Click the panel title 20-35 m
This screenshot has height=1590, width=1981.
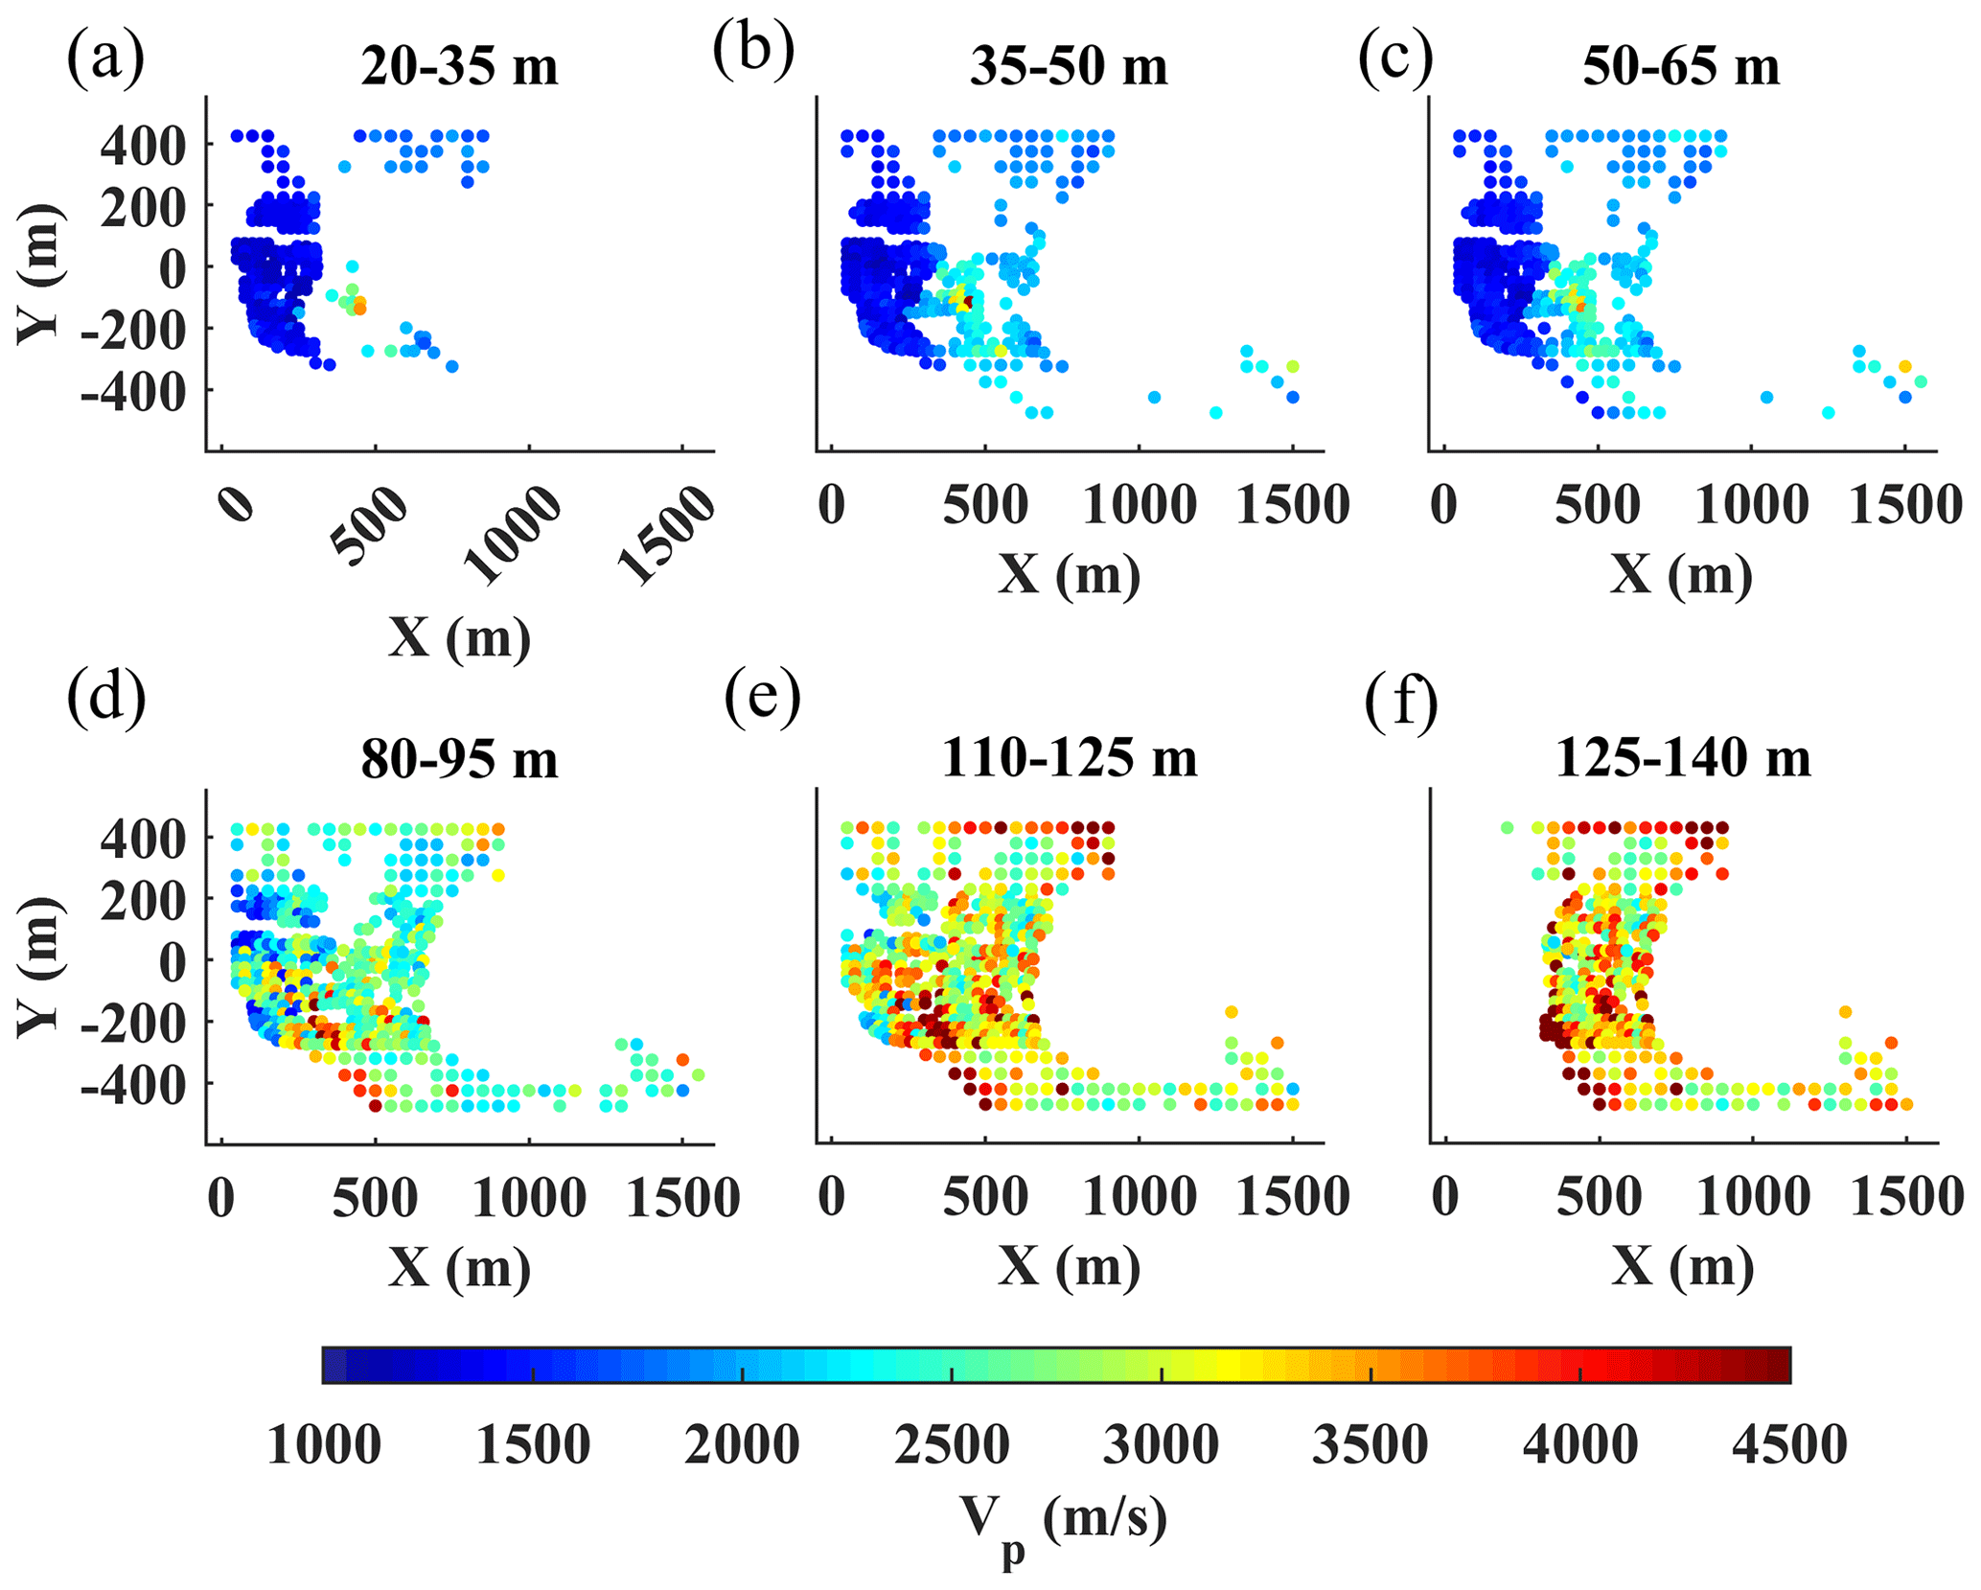tap(459, 68)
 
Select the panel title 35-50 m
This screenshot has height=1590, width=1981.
tap(1069, 68)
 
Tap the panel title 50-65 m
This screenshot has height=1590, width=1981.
tap(1681, 68)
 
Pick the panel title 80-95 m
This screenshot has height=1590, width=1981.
tap(459, 760)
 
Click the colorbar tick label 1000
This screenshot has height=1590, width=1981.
tap(324, 1445)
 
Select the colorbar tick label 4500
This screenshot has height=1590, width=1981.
tap(1789, 1445)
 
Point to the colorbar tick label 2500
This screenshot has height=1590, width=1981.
tap(952, 1445)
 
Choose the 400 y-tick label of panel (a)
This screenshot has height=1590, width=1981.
tap(145, 147)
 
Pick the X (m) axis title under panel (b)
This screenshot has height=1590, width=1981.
tap(1069, 575)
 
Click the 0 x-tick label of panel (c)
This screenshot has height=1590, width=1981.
tap(1444, 505)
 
